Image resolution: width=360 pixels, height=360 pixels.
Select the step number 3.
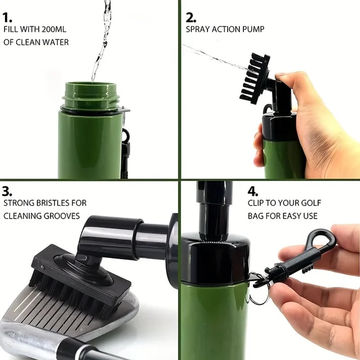coord(8,191)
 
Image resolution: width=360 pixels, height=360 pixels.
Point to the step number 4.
coord(253,191)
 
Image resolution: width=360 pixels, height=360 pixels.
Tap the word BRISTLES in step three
coord(53,203)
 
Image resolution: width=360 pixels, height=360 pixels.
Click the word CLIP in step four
coord(258,203)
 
